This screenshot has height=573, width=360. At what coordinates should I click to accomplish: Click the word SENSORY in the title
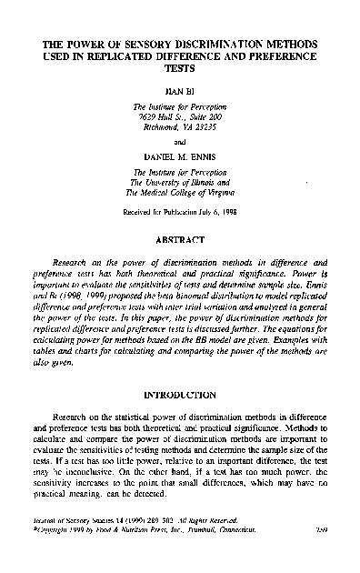(146, 42)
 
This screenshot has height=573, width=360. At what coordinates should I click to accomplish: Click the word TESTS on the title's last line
(179, 67)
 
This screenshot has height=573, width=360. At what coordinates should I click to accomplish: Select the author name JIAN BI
(179, 92)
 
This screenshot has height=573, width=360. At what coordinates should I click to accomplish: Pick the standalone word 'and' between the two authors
(179, 142)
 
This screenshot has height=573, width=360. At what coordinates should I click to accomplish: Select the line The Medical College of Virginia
(178, 192)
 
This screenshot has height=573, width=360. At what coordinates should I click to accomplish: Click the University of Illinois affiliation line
(178, 182)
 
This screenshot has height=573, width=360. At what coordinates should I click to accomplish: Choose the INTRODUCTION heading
(179, 421)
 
